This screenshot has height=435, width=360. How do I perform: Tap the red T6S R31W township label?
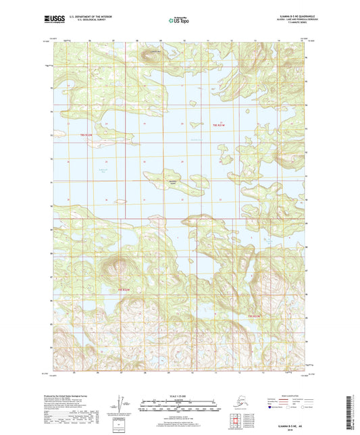217,126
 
